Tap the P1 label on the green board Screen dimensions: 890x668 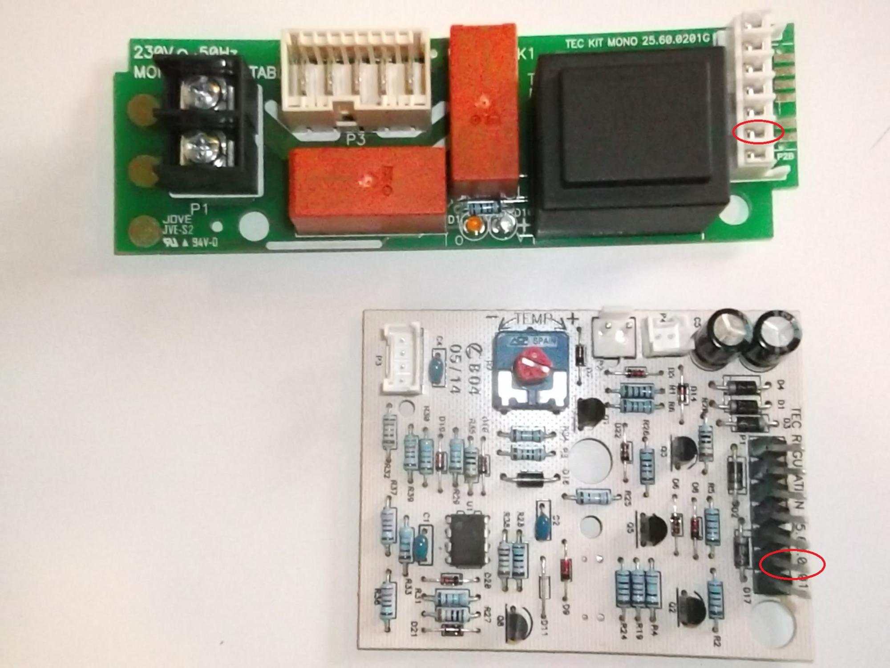tap(199, 209)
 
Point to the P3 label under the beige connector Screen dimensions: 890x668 tap(356, 140)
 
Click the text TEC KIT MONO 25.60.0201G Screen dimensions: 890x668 tap(637, 42)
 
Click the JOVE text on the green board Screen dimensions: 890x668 tap(176, 220)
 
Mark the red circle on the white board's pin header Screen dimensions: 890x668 tap(792, 565)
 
